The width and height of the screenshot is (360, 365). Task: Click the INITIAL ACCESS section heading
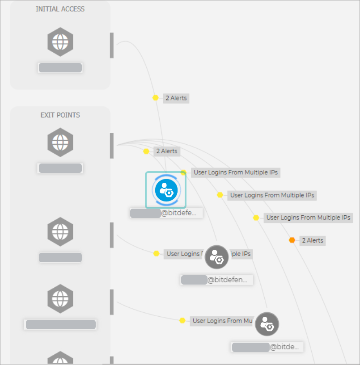click(60, 9)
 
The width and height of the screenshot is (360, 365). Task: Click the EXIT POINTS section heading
click(60, 115)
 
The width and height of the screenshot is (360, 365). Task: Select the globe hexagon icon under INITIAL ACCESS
click(60, 42)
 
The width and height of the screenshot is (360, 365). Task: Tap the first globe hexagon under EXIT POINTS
click(60, 142)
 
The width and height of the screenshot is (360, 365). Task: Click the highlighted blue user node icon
click(165, 190)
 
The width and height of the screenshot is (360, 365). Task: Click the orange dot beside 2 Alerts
click(292, 240)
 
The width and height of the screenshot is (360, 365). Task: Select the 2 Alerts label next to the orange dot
click(312, 240)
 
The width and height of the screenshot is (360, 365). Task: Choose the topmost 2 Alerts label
click(176, 98)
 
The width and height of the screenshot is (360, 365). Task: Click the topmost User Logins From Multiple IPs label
click(236, 172)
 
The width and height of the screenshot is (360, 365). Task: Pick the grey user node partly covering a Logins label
click(216, 257)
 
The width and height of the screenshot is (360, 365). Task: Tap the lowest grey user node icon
click(267, 324)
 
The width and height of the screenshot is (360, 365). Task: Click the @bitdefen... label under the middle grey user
click(217, 280)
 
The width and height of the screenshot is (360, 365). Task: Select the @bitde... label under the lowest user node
click(267, 347)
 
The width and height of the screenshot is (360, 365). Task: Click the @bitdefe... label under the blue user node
click(166, 213)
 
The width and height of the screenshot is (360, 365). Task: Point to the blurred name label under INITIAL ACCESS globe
click(60, 68)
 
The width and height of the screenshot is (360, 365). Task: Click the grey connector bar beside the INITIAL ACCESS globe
click(112, 45)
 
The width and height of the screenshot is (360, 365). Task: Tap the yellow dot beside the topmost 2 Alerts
click(156, 98)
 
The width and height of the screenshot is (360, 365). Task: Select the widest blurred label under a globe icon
click(60, 325)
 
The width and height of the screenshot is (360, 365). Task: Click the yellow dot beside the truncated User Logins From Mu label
click(182, 321)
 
